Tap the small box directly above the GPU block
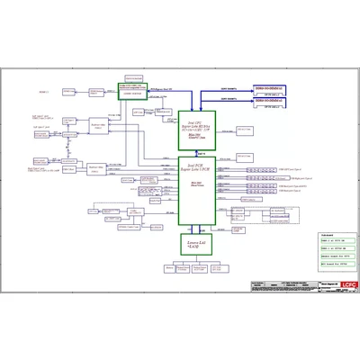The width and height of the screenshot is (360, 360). [134, 78]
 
